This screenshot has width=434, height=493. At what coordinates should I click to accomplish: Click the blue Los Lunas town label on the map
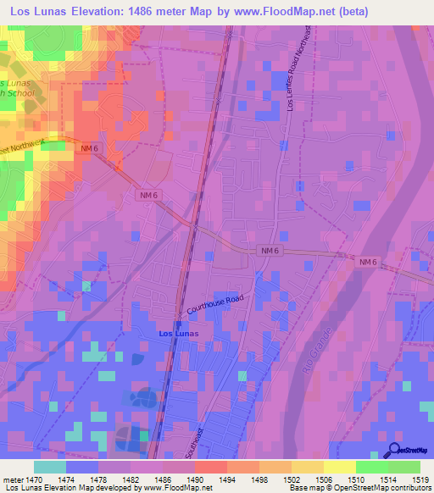click(x=180, y=334)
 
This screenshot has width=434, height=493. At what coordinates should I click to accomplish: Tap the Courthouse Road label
click(x=214, y=306)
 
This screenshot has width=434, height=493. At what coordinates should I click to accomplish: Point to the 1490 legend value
click(x=194, y=479)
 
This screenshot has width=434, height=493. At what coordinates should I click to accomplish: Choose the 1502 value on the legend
click(x=290, y=479)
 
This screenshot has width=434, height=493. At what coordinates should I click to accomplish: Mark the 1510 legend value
click(x=354, y=479)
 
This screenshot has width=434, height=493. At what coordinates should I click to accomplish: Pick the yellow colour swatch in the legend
click(x=338, y=467)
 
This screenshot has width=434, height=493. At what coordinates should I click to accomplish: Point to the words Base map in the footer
click(x=304, y=488)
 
